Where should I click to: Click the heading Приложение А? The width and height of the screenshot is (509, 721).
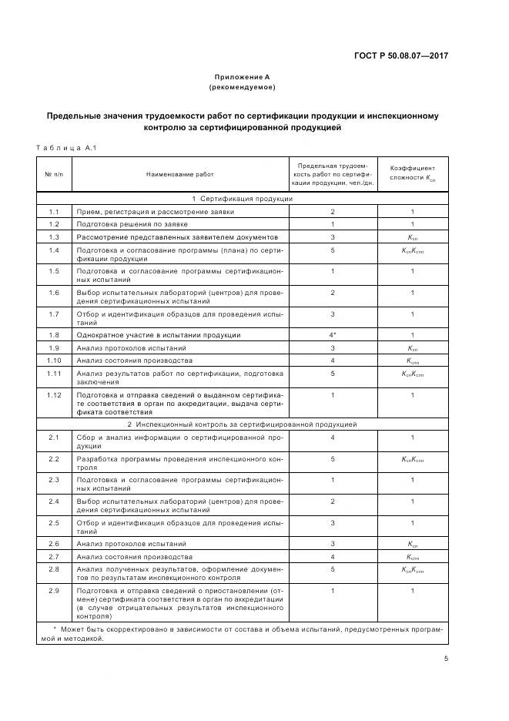point(242,77)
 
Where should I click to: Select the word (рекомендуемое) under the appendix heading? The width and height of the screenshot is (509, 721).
point(242,87)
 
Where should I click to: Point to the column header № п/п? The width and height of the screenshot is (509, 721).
point(54,176)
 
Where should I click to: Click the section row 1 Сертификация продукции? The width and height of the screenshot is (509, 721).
point(242,199)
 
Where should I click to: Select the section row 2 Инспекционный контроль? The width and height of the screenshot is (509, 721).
point(242,424)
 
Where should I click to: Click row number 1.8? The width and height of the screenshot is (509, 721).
point(54,335)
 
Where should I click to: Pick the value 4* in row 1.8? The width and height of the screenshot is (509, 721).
point(333,335)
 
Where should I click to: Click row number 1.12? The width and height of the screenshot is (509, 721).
point(54,395)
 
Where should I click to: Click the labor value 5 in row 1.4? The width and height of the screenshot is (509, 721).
point(333,250)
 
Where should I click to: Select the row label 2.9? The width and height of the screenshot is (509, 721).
point(54,591)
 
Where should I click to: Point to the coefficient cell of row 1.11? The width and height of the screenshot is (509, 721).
point(412,374)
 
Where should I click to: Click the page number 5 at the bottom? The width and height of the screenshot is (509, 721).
point(446,658)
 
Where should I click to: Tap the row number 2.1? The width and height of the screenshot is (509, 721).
point(54,438)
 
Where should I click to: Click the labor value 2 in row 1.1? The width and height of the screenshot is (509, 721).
point(333,211)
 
